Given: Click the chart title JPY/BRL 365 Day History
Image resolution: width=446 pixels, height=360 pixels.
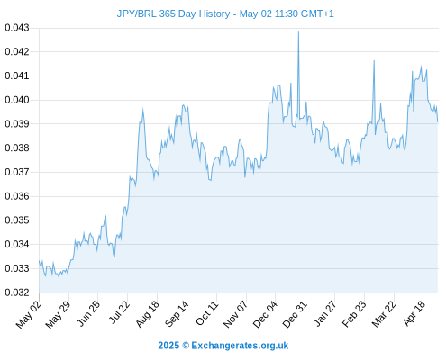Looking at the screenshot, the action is pyautogui.click(x=173, y=13).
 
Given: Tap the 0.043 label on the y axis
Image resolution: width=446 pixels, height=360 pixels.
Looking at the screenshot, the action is pyautogui.click(x=17, y=28).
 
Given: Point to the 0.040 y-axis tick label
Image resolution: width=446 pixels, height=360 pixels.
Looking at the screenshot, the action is pyautogui.click(x=17, y=100).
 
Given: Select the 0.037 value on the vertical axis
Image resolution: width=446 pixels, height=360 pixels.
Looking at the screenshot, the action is pyautogui.click(x=17, y=172).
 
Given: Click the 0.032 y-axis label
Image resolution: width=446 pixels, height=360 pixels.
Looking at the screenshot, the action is pyautogui.click(x=17, y=292).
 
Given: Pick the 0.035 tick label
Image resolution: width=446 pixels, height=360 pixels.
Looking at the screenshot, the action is pyautogui.click(x=17, y=220).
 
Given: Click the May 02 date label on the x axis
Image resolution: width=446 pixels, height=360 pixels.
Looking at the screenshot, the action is pyautogui.click(x=28, y=314).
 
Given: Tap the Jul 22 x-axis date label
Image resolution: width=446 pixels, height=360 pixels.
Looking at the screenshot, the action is pyautogui.click(x=119, y=312).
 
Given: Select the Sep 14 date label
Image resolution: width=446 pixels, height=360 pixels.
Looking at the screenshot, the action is pyautogui.click(x=177, y=313).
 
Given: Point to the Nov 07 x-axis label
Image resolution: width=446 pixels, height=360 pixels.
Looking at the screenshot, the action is pyautogui.click(x=236, y=314).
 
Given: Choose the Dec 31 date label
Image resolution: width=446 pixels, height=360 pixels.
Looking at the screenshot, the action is pyautogui.click(x=295, y=314).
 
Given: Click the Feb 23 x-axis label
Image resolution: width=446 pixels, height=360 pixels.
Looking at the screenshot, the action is pyautogui.click(x=354, y=314).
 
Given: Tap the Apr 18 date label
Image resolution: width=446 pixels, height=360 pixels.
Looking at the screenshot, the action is pyautogui.click(x=414, y=313).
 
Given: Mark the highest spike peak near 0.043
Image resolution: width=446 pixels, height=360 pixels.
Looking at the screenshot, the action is pyautogui.click(x=298, y=32).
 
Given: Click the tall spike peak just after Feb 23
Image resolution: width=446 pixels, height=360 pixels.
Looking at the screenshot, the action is pyautogui.click(x=374, y=61).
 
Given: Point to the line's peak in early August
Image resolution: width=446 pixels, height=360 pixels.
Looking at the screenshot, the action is pyautogui.click(x=142, y=109).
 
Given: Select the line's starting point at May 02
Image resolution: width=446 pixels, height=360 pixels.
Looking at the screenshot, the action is pyautogui.click(x=39, y=261).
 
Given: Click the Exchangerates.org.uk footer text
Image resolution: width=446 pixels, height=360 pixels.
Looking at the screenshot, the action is pyautogui.click(x=240, y=346).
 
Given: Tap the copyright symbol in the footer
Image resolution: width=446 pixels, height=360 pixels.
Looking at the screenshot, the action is pyautogui.click(x=186, y=346).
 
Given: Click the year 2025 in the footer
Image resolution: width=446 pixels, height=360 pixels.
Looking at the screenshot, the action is pyautogui.click(x=168, y=346).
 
